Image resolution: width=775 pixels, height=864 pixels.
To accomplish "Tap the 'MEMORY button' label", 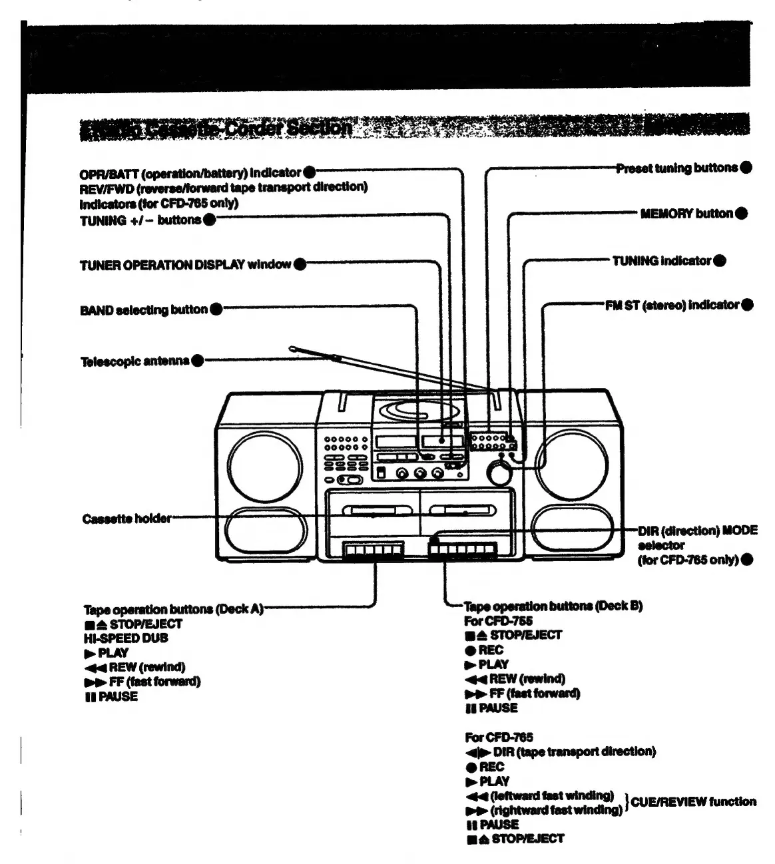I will pyautogui.click(x=686, y=214).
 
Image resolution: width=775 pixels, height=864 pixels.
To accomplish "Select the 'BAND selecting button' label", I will pyautogui.click(x=144, y=310).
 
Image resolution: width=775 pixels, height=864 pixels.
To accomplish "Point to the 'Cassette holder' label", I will pyautogui.click(x=127, y=519).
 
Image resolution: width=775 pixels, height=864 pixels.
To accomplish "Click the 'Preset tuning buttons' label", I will pyautogui.click(x=676, y=168).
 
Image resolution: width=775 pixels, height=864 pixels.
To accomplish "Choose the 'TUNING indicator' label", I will pyautogui.click(x=662, y=260).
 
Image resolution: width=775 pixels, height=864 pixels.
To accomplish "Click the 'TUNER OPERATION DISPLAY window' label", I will pyautogui.click(x=185, y=264).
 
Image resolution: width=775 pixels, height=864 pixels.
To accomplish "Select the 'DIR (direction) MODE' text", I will pyautogui.click(x=697, y=531).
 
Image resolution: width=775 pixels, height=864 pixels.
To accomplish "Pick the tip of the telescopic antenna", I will pyautogui.click(x=293, y=347).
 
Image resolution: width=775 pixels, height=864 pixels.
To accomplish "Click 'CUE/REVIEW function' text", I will pyautogui.click(x=693, y=802).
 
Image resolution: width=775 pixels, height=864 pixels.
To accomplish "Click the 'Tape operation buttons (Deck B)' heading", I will pyautogui.click(x=553, y=606).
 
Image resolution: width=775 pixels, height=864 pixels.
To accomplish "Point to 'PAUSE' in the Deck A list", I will pyautogui.click(x=118, y=697).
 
